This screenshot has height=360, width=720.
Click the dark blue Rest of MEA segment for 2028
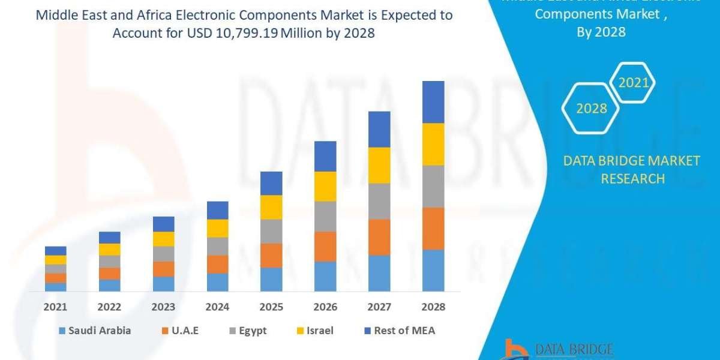point(433,102)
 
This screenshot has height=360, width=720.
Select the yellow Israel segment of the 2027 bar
point(379,165)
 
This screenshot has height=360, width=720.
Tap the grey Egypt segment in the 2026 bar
point(325,216)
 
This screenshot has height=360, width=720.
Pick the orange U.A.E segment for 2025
point(271,255)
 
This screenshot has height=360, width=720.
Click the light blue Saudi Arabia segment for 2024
point(217,282)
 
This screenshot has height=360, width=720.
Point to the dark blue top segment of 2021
point(55,251)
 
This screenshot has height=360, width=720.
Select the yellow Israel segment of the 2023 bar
point(163,239)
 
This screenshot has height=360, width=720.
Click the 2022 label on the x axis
point(109,307)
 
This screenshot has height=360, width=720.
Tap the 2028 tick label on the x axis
point(433,307)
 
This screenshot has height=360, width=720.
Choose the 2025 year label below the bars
point(271,307)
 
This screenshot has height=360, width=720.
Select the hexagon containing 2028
point(591,109)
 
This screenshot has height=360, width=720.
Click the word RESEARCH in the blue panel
point(632,179)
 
